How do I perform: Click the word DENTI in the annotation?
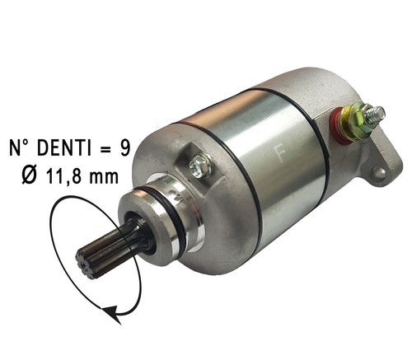coord(63,148)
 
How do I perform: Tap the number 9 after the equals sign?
coord(124,148)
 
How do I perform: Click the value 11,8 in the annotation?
coord(62,176)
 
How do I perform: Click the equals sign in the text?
coord(105,149)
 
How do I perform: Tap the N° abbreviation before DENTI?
coord(21,148)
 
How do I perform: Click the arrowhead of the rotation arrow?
coord(112,314)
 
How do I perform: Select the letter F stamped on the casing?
coord(280,154)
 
